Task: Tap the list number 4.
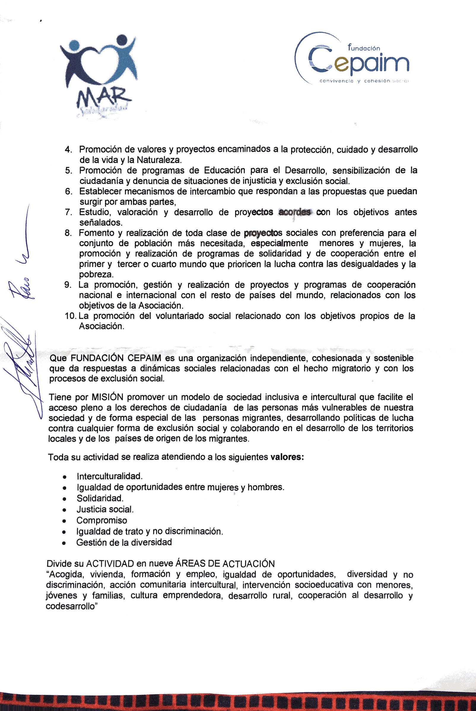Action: (68, 149)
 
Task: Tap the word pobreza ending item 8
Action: (96, 275)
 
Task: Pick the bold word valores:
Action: (287, 457)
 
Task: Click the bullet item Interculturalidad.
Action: (110, 476)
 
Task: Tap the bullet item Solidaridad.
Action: (100, 498)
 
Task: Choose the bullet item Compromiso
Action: (102, 521)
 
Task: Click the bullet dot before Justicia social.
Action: (64, 510)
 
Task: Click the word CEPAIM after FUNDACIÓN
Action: (144, 358)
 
